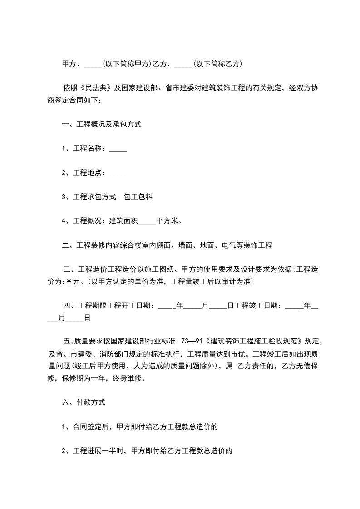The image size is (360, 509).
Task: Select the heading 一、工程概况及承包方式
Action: [101, 124]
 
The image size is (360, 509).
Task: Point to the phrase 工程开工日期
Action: [131, 306]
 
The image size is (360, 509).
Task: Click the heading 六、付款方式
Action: [84, 402]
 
